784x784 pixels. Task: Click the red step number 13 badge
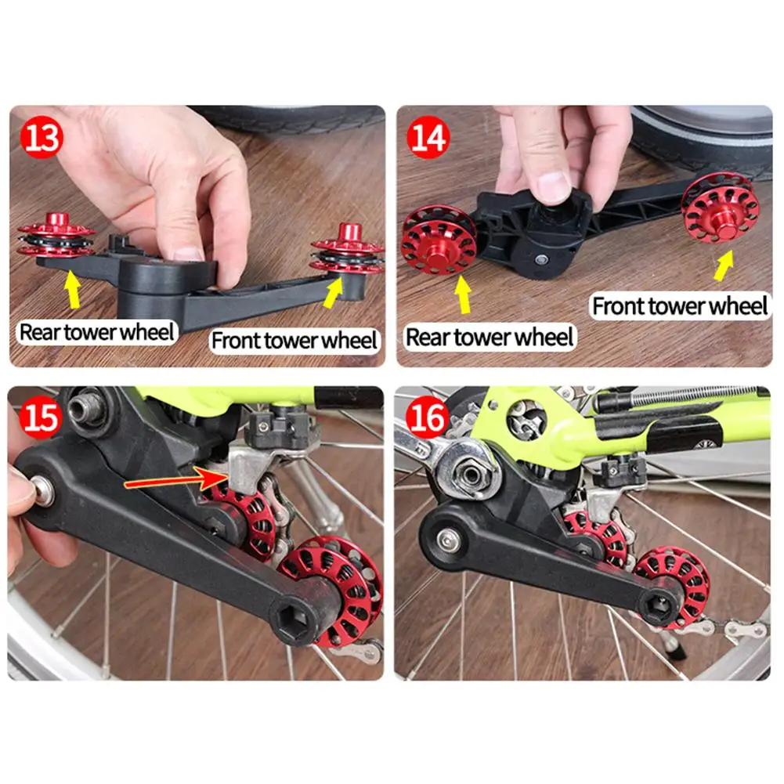coord(42,137)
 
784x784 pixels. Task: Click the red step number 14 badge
coord(428,137)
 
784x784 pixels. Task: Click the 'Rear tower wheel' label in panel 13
coord(96,332)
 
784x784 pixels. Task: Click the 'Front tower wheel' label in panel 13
coord(294,341)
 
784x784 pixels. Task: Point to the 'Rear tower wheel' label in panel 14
coord(490,337)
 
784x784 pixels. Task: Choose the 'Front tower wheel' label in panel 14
coord(680,305)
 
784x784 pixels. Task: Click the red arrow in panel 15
coord(175,480)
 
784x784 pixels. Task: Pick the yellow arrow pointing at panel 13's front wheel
coord(334,292)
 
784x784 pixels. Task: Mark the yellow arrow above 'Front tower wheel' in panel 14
coord(724,266)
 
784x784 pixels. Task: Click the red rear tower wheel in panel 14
coord(439,240)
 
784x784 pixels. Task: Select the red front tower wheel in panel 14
coord(721,207)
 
